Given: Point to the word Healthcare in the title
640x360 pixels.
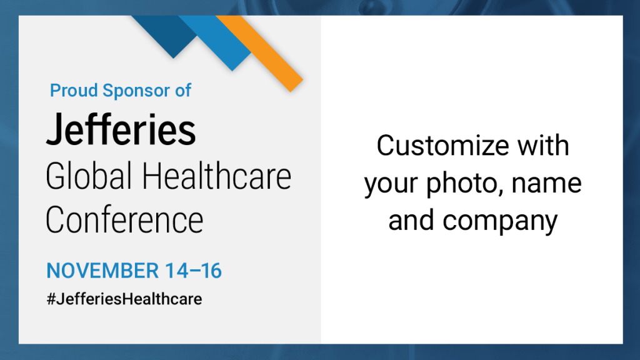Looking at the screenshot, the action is pos(216,176).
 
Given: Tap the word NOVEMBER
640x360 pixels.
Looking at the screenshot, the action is pos(102,271).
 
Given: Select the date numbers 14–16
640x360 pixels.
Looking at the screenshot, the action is pos(194,271).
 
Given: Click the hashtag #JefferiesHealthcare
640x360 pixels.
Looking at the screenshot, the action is pos(124,299).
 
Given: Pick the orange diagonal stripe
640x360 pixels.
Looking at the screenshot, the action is pos(259,53).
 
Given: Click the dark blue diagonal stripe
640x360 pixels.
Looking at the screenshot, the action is pos(164,35).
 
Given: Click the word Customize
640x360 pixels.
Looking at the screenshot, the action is pos(443,146).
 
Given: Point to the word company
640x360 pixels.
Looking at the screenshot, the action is pos(500,221).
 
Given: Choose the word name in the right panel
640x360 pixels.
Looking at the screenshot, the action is pos(546,183).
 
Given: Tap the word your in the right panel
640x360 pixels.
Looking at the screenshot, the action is pos(391,184).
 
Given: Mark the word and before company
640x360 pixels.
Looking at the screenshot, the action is pos(411,221).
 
